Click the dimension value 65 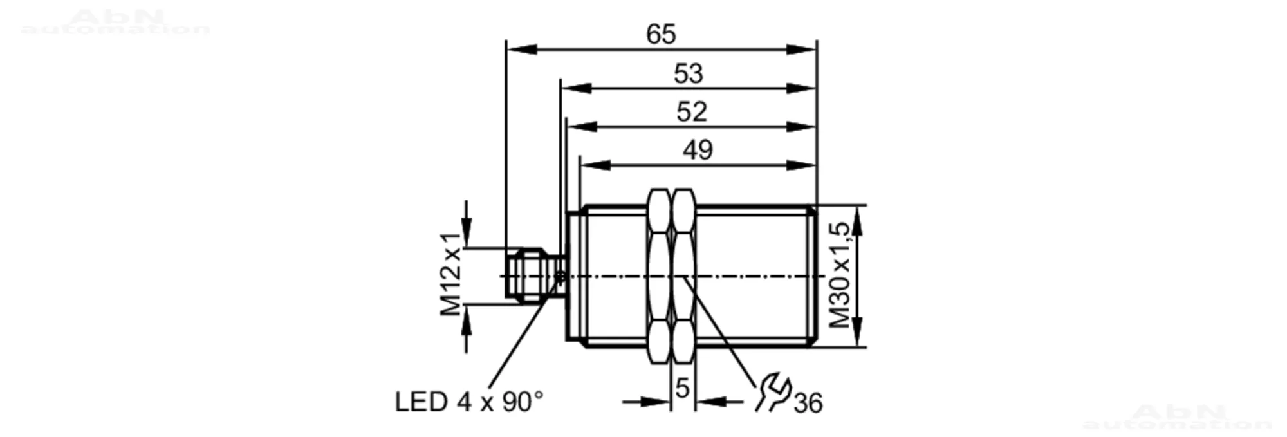[x=661, y=34]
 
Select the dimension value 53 [x=688, y=73]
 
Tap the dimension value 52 [x=692, y=111]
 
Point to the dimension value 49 [x=698, y=150]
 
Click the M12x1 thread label [x=451, y=274]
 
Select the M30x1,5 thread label [x=840, y=275]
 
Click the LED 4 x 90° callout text [x=469, y=402]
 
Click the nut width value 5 [x=682, y=388]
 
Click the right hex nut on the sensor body [x=683, y=275]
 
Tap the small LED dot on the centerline [x=560, y=277]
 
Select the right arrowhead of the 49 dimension [x=801, y=165]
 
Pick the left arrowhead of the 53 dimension [x=576, y=88]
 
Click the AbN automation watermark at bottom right [x=1177, y=416]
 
